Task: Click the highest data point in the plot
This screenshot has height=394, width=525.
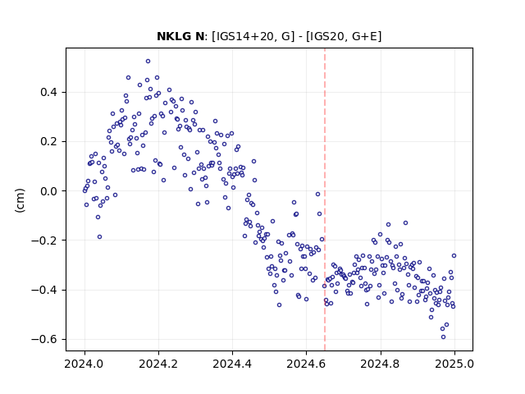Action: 148,62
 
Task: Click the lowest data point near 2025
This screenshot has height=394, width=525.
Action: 443,337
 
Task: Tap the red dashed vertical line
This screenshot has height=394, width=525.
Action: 325,199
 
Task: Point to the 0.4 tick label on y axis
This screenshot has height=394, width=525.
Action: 49,92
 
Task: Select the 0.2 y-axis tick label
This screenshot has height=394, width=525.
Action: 49,142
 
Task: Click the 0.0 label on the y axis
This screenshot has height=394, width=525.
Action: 49,191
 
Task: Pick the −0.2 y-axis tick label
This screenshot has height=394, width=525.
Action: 44,241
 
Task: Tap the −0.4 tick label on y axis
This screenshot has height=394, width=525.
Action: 44,290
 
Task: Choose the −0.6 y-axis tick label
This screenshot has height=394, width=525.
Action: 44,339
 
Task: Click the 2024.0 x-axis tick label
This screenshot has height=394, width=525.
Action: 84,364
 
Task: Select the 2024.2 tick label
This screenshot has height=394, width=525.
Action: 158,364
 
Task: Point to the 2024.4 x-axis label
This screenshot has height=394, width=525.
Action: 232,364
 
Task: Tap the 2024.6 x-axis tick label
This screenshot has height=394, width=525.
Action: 306,364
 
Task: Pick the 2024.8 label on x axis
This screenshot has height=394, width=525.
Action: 380,364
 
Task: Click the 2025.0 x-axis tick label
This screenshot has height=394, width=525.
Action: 454,364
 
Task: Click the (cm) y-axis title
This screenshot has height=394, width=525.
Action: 20,199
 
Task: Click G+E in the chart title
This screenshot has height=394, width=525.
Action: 366,36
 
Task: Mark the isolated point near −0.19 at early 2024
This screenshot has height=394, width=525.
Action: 99,237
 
